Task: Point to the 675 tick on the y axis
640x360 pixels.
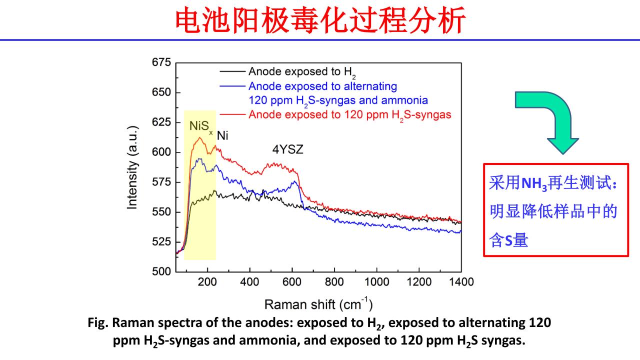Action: pyautogui.click(x=161, y=63)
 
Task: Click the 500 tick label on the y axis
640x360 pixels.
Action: pyautogui.click(x=161, y=271)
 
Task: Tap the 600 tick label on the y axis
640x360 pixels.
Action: pyautogui.click(x=161, y=152)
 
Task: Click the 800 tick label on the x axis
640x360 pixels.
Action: pyautogui.click(x=334, y=282)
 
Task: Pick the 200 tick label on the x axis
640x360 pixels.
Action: pyautogui.click(x=207, y=282)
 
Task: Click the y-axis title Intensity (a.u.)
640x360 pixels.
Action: pyautogui.click(x=132, y=167)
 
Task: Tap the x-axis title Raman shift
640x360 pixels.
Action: pyautogui.click(x=318, y=304)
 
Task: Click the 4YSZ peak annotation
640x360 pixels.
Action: pyautogui.click(x=287, y=149)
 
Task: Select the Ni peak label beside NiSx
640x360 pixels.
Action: pyautogui.click(x=222, y=135)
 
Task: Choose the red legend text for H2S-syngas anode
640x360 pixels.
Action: pyautogui.click(x=350, y=114)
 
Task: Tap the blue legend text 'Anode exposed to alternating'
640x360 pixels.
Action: pyautogui.click(x=322, y=85)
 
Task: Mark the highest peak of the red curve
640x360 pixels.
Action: pyautogui.click(x=200, y=137)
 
